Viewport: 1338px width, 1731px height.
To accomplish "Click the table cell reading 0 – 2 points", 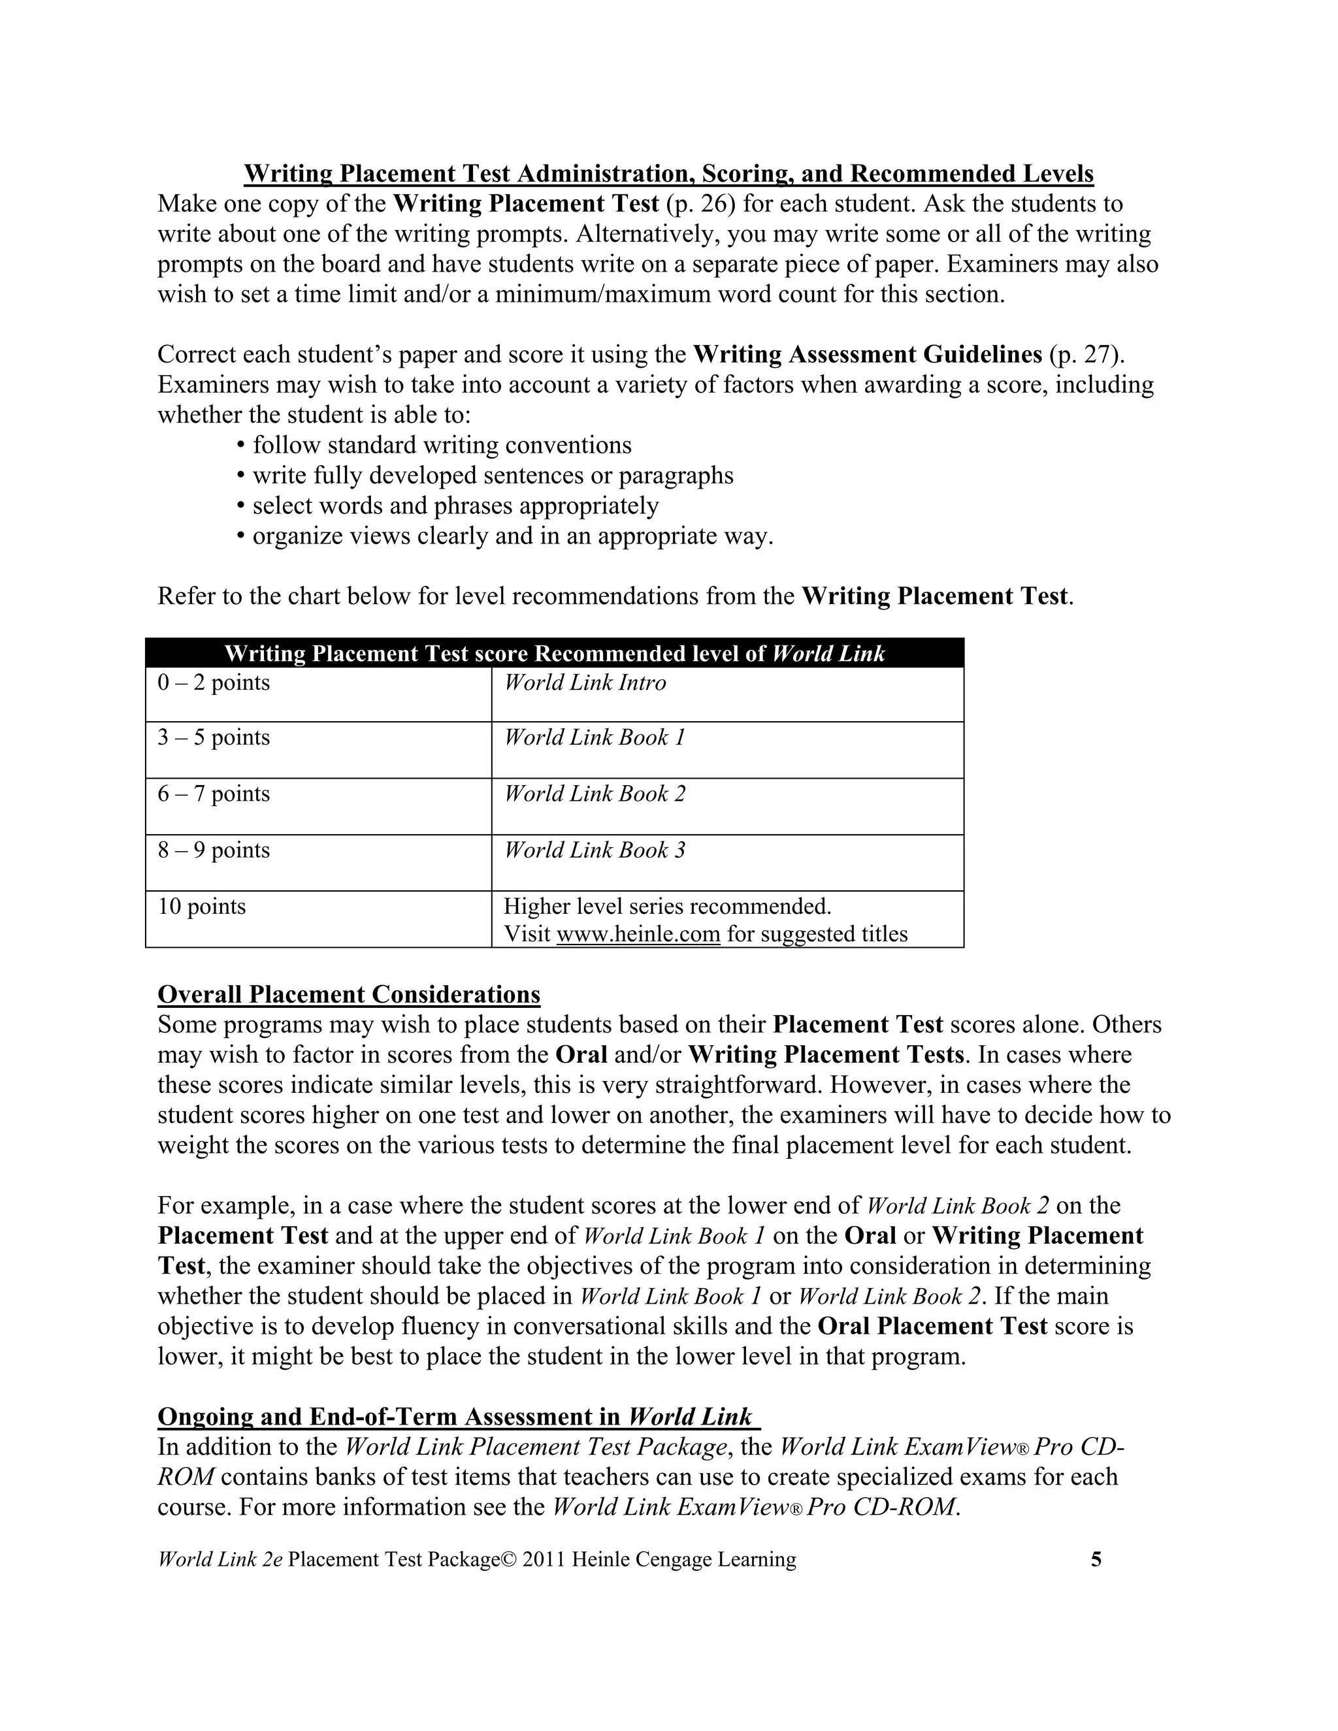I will [318, 694].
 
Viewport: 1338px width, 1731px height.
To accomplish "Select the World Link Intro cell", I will [727, 694].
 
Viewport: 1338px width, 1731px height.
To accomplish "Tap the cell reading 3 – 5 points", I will [318, 750].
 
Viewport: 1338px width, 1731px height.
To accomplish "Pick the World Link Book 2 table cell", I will [727, 806].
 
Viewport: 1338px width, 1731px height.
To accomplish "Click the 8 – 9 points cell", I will [318, 862].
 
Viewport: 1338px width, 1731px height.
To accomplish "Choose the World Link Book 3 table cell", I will [727, 862].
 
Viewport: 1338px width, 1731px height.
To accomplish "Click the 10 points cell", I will [318, 918].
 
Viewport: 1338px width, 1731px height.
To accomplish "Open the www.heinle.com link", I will [638, 933].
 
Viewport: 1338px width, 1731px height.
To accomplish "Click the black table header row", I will [554, 653].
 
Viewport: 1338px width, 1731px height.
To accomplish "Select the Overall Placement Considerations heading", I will [349, 994].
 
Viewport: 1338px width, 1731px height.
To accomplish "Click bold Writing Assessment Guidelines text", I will [867, 354].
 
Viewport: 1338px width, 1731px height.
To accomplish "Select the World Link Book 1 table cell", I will [727, 750].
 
